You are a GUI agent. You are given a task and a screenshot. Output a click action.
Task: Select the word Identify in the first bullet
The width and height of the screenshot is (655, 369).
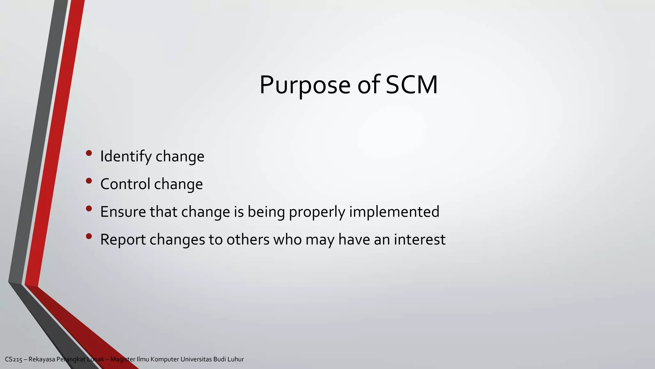126,157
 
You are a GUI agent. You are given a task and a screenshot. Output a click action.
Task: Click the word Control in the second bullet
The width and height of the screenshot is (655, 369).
125,184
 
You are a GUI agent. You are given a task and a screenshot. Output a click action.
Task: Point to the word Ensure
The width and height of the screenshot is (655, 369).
123,212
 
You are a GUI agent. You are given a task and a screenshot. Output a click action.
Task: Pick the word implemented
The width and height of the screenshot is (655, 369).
394,212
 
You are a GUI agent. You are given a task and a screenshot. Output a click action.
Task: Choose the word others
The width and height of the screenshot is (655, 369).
248,240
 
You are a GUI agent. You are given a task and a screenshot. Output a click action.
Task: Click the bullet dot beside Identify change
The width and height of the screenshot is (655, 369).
89,153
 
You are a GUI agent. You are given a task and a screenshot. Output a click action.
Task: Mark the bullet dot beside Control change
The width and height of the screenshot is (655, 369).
89,181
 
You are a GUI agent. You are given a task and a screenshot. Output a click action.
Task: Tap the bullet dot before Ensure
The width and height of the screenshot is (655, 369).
89,209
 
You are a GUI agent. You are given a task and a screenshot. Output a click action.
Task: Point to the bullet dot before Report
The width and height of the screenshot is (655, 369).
89,236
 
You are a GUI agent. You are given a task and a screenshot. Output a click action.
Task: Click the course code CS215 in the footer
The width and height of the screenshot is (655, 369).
13,359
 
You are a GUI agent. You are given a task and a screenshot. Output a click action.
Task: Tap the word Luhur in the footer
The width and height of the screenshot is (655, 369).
236,359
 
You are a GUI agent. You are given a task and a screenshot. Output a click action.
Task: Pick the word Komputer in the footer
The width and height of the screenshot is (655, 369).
165,359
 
